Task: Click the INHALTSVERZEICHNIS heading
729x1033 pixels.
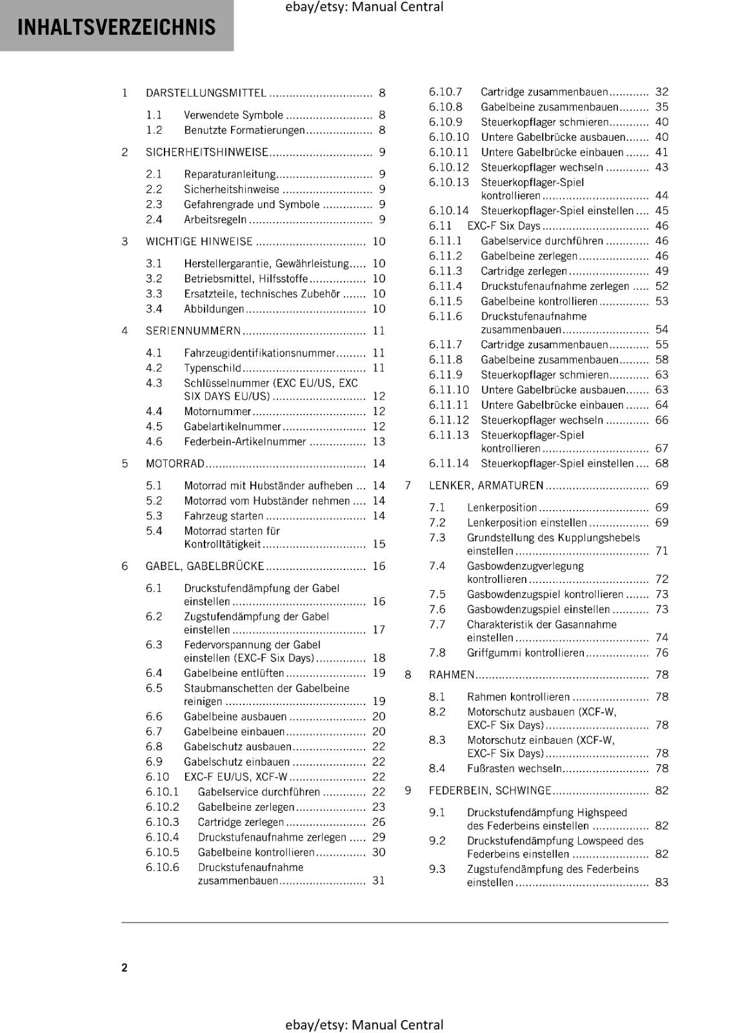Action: pos(116,27)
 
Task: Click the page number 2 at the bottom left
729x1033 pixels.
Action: pos(125,967)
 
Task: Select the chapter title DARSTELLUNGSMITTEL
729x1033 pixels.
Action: pos(206,93)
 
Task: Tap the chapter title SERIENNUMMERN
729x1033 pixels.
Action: pos(193,331)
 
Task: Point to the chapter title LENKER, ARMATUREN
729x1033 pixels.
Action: pos(486,486)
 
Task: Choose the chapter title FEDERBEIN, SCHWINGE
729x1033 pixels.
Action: pos(490,791)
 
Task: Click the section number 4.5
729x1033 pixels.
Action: pos(154,427)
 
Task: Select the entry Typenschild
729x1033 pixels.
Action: pos(212,368)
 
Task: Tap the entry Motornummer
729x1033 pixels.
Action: pos(217,411)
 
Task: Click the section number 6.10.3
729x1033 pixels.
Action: pos(162,823)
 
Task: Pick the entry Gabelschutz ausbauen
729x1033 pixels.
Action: pos(237,747)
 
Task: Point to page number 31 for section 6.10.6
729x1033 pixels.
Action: pos(379,881)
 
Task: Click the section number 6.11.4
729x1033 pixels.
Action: pos(445,286)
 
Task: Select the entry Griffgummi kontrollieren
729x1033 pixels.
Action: pos(525,653)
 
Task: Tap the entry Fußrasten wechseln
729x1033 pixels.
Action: pos(514,769)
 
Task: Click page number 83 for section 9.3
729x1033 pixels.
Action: pos(662,883)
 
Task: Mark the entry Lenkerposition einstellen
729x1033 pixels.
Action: pos(526,523)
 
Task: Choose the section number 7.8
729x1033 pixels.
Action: pos(437,653)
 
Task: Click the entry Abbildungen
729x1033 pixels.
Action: pos(214,309)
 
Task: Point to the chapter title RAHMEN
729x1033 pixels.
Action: pos(452,675)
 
